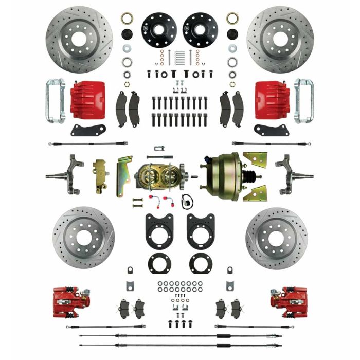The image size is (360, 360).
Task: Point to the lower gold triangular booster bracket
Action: [257, 193]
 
